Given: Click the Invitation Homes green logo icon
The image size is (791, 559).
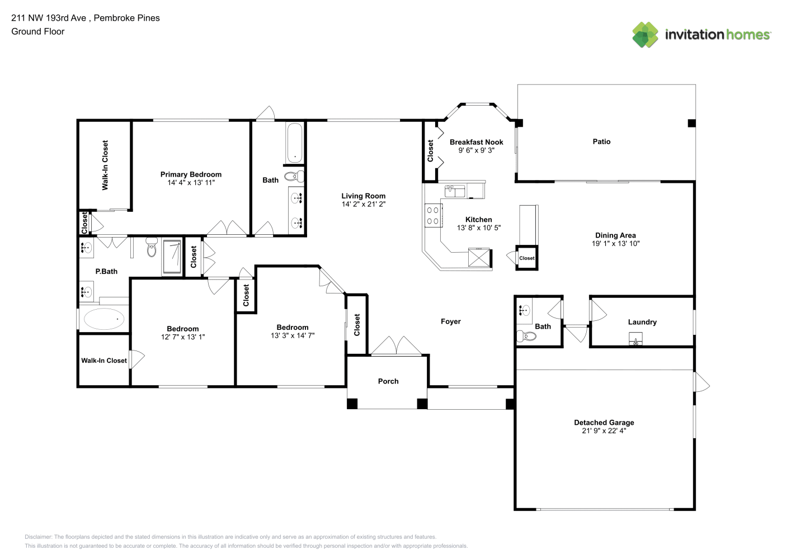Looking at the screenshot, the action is click(x=645, y=35).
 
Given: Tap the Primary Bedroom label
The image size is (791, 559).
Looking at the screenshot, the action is click(x=191, y=174).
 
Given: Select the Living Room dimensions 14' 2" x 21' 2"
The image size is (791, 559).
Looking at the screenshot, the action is click(x=364, y=204).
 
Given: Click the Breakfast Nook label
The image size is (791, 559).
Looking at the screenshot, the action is click(x=477, y=142).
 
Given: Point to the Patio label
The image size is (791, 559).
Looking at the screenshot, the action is click(x=601, y=141).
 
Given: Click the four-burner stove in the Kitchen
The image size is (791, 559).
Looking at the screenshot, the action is click(x=433, y=216).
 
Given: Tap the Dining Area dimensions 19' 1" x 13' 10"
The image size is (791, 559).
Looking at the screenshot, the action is click(x=615, y=243).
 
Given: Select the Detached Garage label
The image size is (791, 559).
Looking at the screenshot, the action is click(x=604, y=423).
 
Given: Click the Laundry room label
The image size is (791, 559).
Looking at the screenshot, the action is click(x=642, y=322).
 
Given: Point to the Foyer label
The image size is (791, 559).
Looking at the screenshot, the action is click(x=450, y=321).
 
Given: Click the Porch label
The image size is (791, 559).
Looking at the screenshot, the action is click(x=388, y=381).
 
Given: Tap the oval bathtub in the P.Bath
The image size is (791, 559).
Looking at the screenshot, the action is click(x=104, y=319).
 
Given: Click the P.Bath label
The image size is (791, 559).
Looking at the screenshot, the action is click(x=106, y=271).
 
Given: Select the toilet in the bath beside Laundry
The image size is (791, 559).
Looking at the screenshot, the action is click(x=526, y=336).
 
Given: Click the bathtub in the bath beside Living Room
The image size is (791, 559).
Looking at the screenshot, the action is click(x=294, y=143).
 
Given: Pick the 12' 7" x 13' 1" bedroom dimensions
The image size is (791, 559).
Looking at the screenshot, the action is click(x=183, y=337).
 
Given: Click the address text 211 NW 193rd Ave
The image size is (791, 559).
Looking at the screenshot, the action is click(x=49, y=18).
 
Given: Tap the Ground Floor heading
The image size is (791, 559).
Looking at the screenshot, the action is click(x=38, y=31).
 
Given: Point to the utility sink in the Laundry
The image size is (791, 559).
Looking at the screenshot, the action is click(x=635, y=338).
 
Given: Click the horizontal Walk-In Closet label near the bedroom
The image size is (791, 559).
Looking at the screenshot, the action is click(x=104, y=361).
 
